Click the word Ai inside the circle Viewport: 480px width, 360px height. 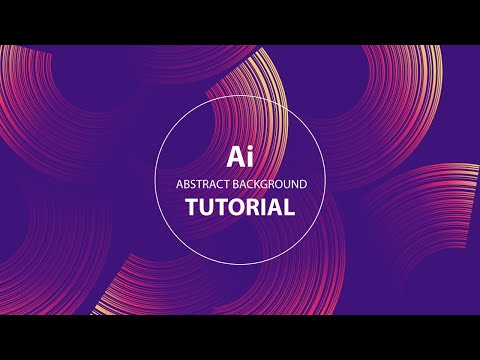click(x=240, y=157)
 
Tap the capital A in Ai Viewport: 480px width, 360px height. click(x=235, y=157)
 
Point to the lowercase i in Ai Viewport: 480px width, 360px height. click(x=249, y=157)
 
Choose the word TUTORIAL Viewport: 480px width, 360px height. click(x=240, y=208)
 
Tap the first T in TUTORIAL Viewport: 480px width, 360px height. click(x=192, y=208)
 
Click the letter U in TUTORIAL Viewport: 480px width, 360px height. click(x=207, y=208)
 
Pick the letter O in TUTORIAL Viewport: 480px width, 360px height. click(x=237, y=208)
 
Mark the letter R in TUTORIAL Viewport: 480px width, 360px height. click(x=253, y=208)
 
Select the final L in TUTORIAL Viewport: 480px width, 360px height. click(x=289, y=208)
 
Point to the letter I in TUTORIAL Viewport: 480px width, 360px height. click(x=264, y=208)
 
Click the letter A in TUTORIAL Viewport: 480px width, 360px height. click(x=275, y=208)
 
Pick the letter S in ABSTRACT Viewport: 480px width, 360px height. click(x=191, y=185)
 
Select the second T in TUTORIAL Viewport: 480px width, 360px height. click(x=222, y=208)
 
